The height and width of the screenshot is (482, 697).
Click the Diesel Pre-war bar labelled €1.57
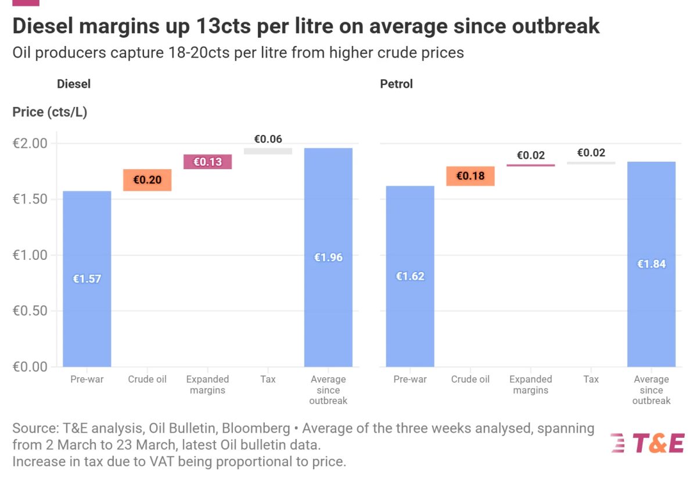[x=87, y=279]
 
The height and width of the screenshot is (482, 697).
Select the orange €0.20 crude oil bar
[x=147, y=180]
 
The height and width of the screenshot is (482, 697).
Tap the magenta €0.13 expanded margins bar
[x=207, y=162]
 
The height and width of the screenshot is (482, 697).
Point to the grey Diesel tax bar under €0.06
[x=268, y=151]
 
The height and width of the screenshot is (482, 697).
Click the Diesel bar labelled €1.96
[x=328, y=257]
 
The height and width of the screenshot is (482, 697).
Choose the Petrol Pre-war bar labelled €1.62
[x=410, y=276]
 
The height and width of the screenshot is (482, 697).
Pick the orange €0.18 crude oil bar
[x=470, y=176]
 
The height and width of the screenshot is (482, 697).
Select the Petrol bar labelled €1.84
[x=651, y=264]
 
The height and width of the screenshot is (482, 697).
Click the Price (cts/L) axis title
[x=50, y=112]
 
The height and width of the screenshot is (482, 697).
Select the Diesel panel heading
[x=74, y=84]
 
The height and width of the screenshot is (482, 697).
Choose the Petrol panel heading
[x=396, y=84]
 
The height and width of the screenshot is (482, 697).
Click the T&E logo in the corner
[x=648, y=443]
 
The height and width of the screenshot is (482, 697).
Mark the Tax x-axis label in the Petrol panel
[x=591, y=379]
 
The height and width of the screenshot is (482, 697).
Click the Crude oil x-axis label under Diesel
[x=147, y=379]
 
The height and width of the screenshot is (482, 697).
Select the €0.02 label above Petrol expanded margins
[x=531, y=155]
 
